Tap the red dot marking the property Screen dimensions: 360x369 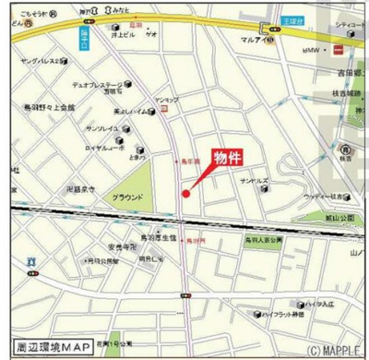[185, 193]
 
